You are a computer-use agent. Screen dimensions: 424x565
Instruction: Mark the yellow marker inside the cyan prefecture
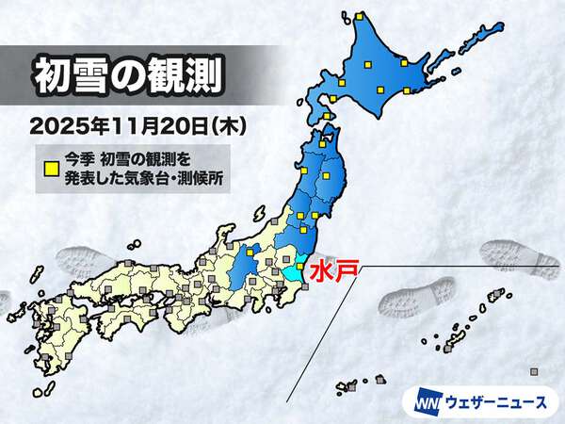[299, 267]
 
